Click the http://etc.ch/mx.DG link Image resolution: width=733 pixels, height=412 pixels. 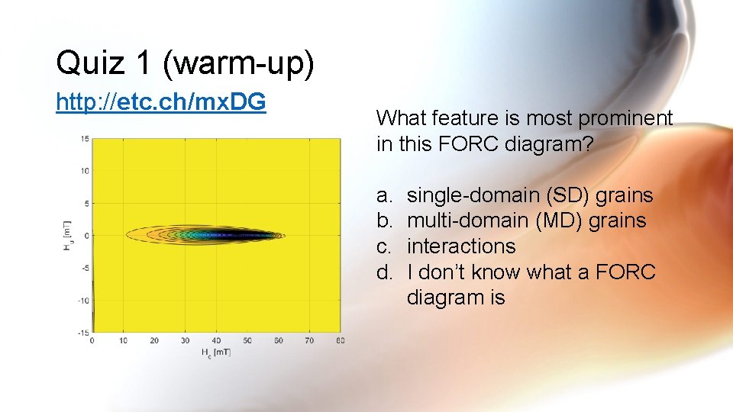coord(160,101)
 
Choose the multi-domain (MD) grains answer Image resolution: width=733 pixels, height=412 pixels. coord(526,221)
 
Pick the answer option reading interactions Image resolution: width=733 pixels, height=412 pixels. coord(461,246)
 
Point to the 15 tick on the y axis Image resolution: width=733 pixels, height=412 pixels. coord(86,138)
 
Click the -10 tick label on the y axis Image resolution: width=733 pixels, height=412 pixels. coord(84,300)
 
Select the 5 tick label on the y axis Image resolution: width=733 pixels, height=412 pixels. coord(87,203)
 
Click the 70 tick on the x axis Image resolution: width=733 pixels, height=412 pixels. coord(309,340)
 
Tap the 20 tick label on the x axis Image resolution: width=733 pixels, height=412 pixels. coord(154,340)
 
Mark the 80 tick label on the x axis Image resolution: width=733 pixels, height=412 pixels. coord(340,340)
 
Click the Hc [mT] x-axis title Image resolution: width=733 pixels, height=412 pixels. coord(216,352)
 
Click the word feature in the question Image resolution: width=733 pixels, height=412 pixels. coord(458,118)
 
